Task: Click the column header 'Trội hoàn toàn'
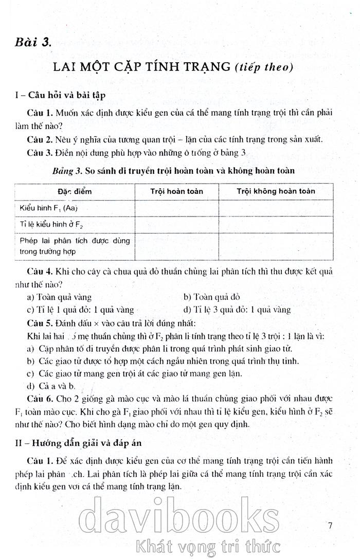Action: pyautogui.click(x=176, y=191)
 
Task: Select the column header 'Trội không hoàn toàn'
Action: pyautogui.click(x=276, y=191)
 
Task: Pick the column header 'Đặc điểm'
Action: pyautogui.click(x=75, y=191)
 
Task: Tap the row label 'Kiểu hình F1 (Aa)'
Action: pyautogui.click(x=48, y=208)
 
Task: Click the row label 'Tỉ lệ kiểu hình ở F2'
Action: pyautogui.click(x=51, y=225)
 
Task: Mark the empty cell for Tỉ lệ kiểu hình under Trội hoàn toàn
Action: pyautogui.click(x=176, y=225)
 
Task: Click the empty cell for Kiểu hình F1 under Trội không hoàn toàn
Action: pyautogui.click(x=276, y=208)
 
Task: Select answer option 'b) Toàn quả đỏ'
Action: pyautogui.click(x=211, y=297)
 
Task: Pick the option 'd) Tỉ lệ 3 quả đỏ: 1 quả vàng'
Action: pyautogui.click(x=237, y=310)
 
